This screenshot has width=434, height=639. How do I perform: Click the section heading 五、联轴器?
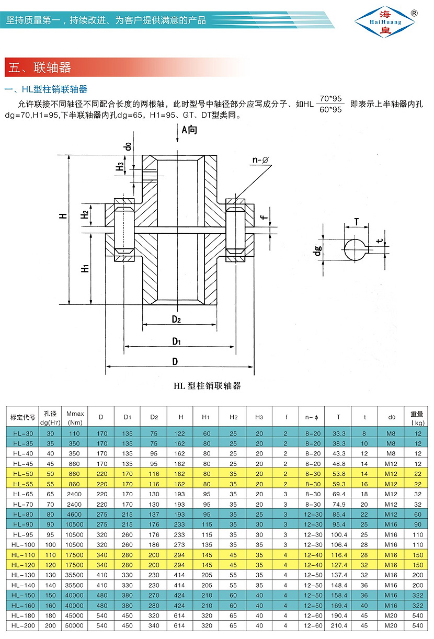(40, 67)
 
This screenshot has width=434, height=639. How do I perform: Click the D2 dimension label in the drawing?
(176, 319)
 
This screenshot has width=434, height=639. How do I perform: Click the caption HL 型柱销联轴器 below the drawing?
(207, 386)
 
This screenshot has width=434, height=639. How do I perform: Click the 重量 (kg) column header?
(417, 417)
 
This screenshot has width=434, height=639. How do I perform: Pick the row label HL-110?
(22, 555)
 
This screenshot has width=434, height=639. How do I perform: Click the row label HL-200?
(22, 625)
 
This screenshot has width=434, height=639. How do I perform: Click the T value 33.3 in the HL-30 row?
(338, 433)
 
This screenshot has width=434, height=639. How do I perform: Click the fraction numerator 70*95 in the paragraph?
(330, 98)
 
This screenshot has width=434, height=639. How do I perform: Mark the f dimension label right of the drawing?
(265, 213)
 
